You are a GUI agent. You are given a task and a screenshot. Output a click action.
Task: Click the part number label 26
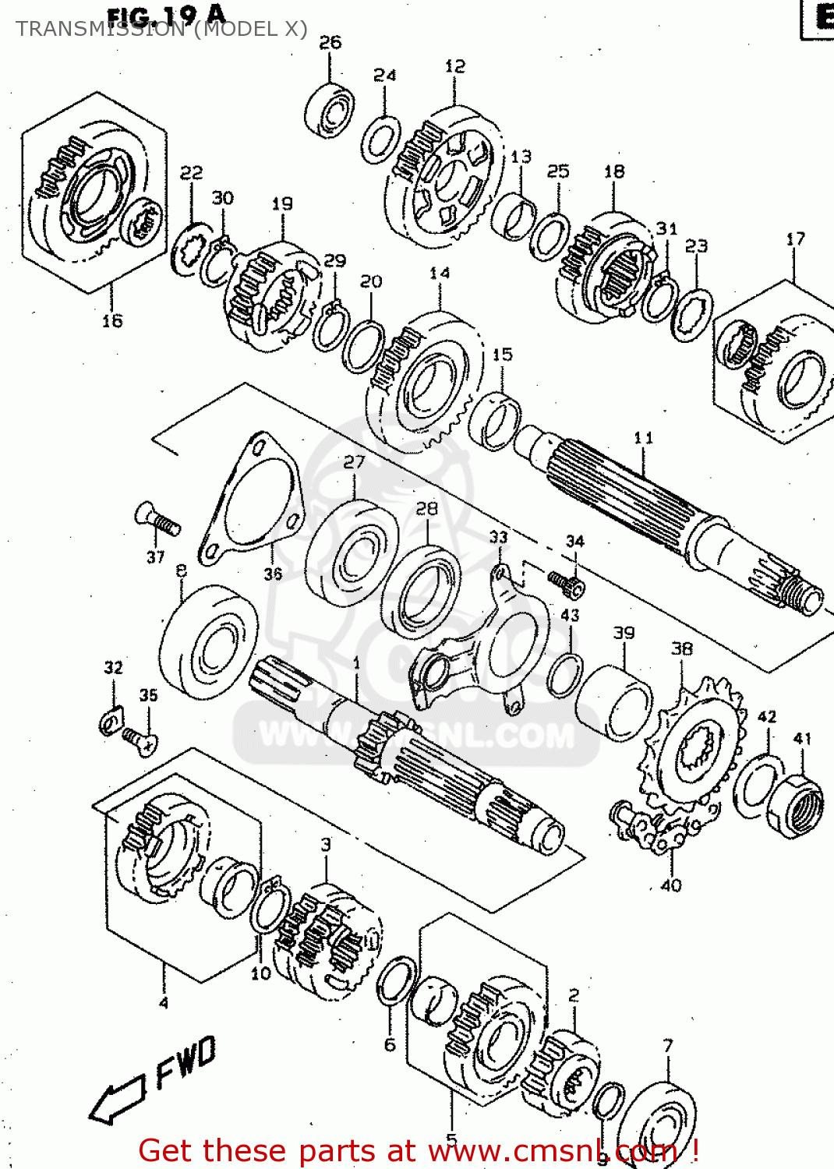click(x=330, y=42)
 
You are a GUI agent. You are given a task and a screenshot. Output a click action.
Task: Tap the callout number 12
click(x=455, y=66)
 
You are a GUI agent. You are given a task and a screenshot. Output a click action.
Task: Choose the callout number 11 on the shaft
click(x=643, y=437)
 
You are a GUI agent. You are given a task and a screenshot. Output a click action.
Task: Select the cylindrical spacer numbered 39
click(x=616, y=704)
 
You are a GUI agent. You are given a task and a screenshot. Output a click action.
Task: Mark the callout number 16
click(x=112, y=320)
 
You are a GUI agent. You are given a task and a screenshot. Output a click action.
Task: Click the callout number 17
click(x=795, y=239)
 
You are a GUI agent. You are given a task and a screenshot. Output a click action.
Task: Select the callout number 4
click(x=163, y=1003)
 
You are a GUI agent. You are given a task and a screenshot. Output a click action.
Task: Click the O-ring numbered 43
click(x=565, y=674)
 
